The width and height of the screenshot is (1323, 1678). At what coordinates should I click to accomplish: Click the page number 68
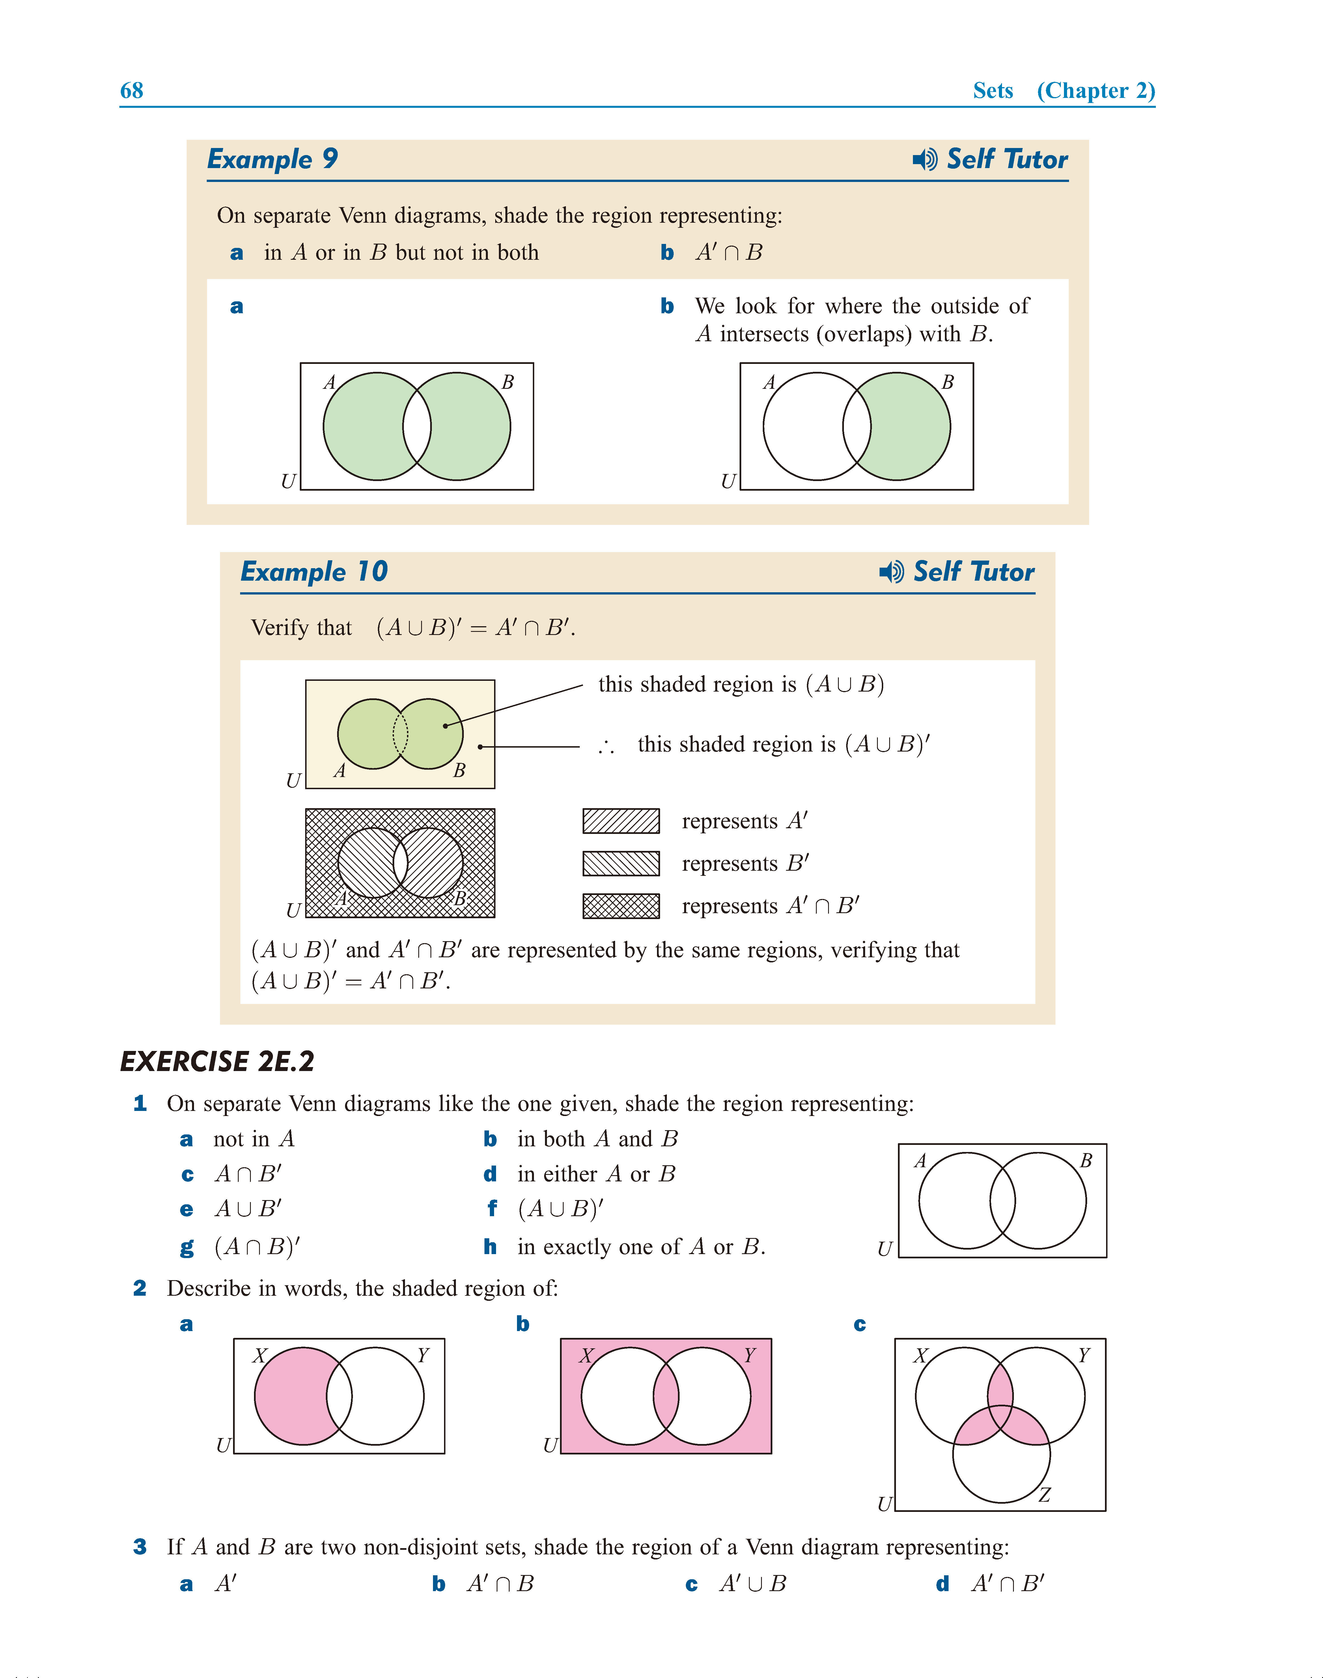(132, 91)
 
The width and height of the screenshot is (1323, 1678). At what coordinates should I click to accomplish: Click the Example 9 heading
(273, 159)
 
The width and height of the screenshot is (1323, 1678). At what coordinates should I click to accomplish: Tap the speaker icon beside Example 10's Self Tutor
(891, 572)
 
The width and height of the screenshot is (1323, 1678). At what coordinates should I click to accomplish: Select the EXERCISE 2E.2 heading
(218, 1061)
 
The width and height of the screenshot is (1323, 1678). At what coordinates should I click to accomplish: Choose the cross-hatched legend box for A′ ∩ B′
(620, 905)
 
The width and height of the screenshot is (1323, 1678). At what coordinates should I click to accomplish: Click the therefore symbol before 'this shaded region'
(606, 746)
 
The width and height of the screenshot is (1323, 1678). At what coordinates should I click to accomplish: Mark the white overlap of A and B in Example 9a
(417, 426)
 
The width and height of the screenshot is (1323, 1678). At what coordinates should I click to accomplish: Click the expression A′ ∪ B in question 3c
(752, 1583)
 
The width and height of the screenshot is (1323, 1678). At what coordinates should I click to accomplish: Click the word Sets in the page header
(992, 91)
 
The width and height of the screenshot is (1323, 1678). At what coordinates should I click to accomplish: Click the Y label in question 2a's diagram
(423, 1355)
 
